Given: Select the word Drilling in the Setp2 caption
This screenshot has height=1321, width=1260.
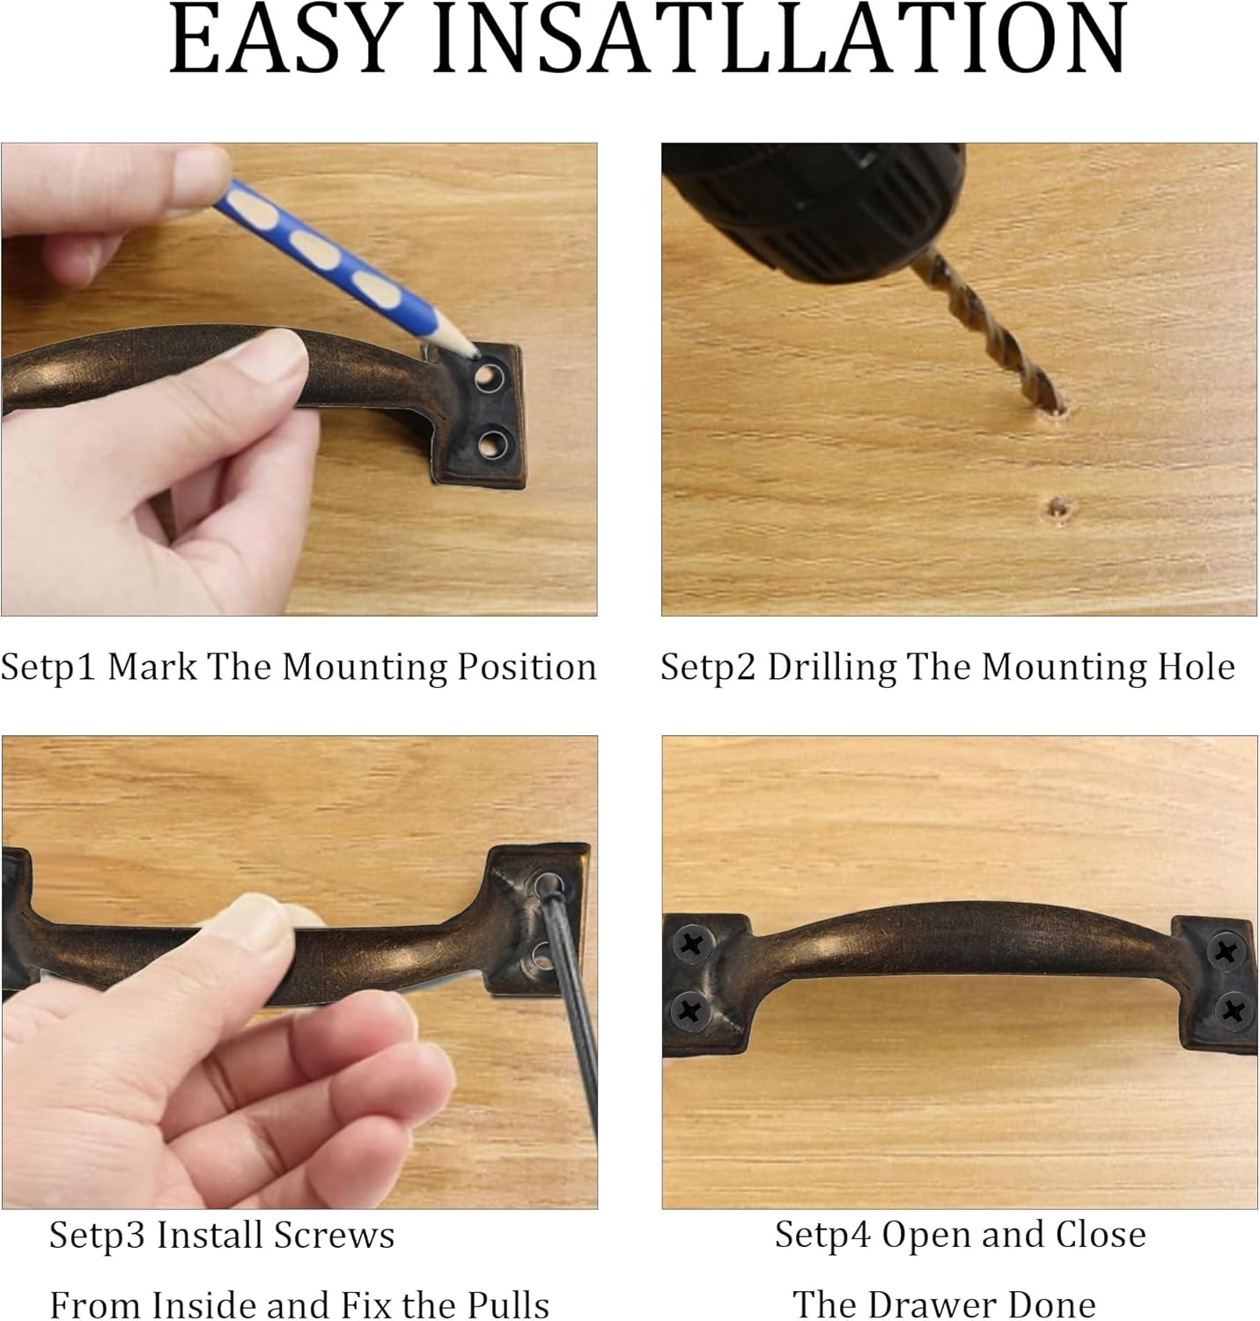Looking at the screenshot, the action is [831, 668].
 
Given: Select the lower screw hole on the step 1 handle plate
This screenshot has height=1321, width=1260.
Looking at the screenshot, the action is [492, 444].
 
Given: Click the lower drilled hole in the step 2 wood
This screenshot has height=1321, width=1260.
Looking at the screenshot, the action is [1058, 509].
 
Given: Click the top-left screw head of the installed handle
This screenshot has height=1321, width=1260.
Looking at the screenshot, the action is [691, 945].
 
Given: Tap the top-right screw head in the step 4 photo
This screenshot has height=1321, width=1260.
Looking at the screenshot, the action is [1227, 951].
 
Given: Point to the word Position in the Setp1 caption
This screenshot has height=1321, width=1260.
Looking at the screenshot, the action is [527, 668].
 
